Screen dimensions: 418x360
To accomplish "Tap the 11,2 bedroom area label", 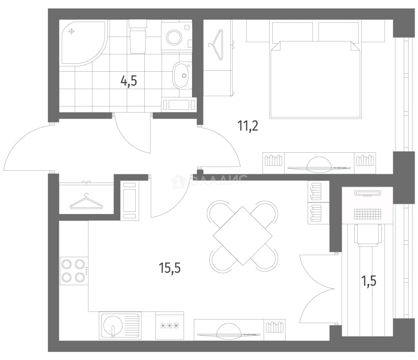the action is [248, 126].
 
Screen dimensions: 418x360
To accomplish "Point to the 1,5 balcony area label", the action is [369, 281].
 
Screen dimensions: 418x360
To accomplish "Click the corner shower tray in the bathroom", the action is [83, 43].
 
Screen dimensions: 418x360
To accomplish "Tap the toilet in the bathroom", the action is [138, 36].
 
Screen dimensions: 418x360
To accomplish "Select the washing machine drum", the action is [174, 37].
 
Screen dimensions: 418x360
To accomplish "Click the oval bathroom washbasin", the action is [182, 75].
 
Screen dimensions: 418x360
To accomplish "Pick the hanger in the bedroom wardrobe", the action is [216, 45].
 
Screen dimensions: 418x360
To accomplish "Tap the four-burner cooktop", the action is [74, 271].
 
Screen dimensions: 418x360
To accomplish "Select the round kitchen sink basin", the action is [113, 325].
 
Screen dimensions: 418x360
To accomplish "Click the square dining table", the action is [242, 236].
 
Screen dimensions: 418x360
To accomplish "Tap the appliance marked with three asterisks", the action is [169, 325].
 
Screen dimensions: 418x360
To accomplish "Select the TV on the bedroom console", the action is [319, 164].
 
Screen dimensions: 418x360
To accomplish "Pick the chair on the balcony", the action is [368, 235].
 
